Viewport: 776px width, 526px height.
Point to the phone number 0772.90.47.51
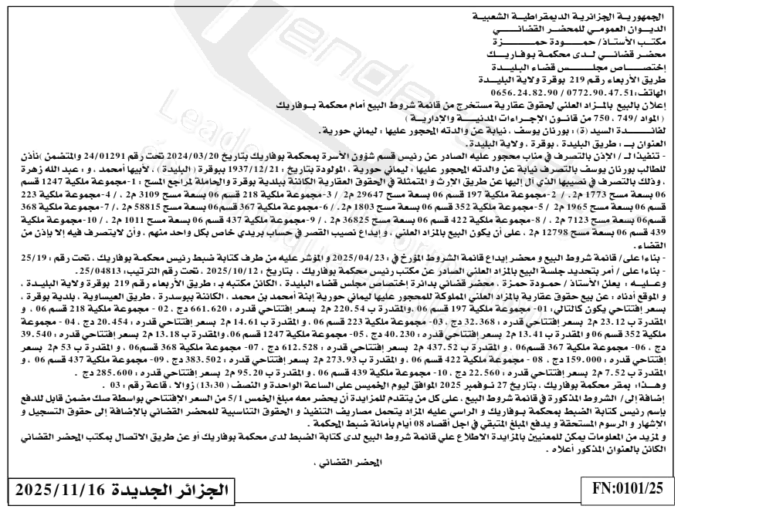pyautogui.click(x=597, y=89)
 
